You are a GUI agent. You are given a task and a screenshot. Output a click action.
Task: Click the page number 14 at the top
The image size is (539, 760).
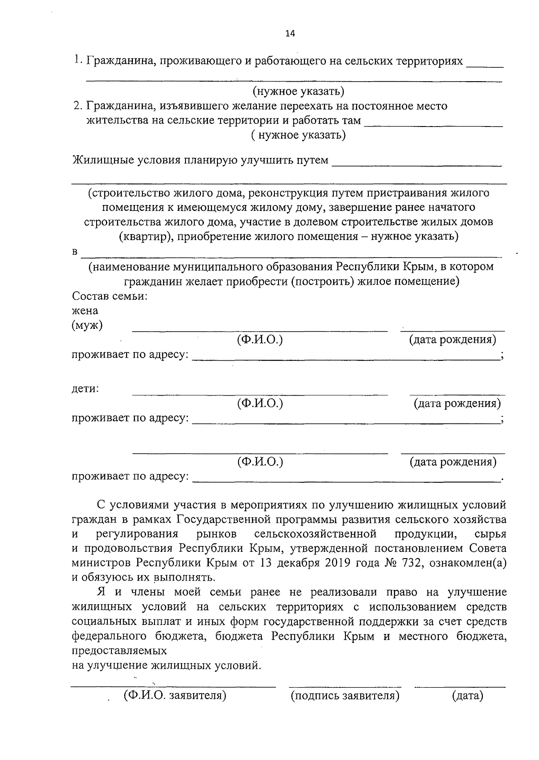click(290, 34)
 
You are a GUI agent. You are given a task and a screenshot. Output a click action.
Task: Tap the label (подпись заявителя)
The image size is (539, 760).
click(345, 696)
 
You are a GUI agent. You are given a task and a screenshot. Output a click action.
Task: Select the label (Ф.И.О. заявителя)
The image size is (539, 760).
click(175, 696)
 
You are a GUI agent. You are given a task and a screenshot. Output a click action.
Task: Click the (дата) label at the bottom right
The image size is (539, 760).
click(467, 696)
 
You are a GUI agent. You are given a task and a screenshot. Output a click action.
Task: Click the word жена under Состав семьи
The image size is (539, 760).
click(85, 310)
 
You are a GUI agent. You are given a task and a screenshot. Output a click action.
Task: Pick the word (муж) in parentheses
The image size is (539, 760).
click(87, 325)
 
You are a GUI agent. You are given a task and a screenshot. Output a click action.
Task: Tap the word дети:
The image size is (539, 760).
click(85, 389)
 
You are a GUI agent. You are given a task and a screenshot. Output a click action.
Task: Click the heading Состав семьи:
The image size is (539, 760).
click(110, 297)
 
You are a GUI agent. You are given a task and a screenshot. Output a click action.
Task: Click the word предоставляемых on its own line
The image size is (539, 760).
click(119, 651)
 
